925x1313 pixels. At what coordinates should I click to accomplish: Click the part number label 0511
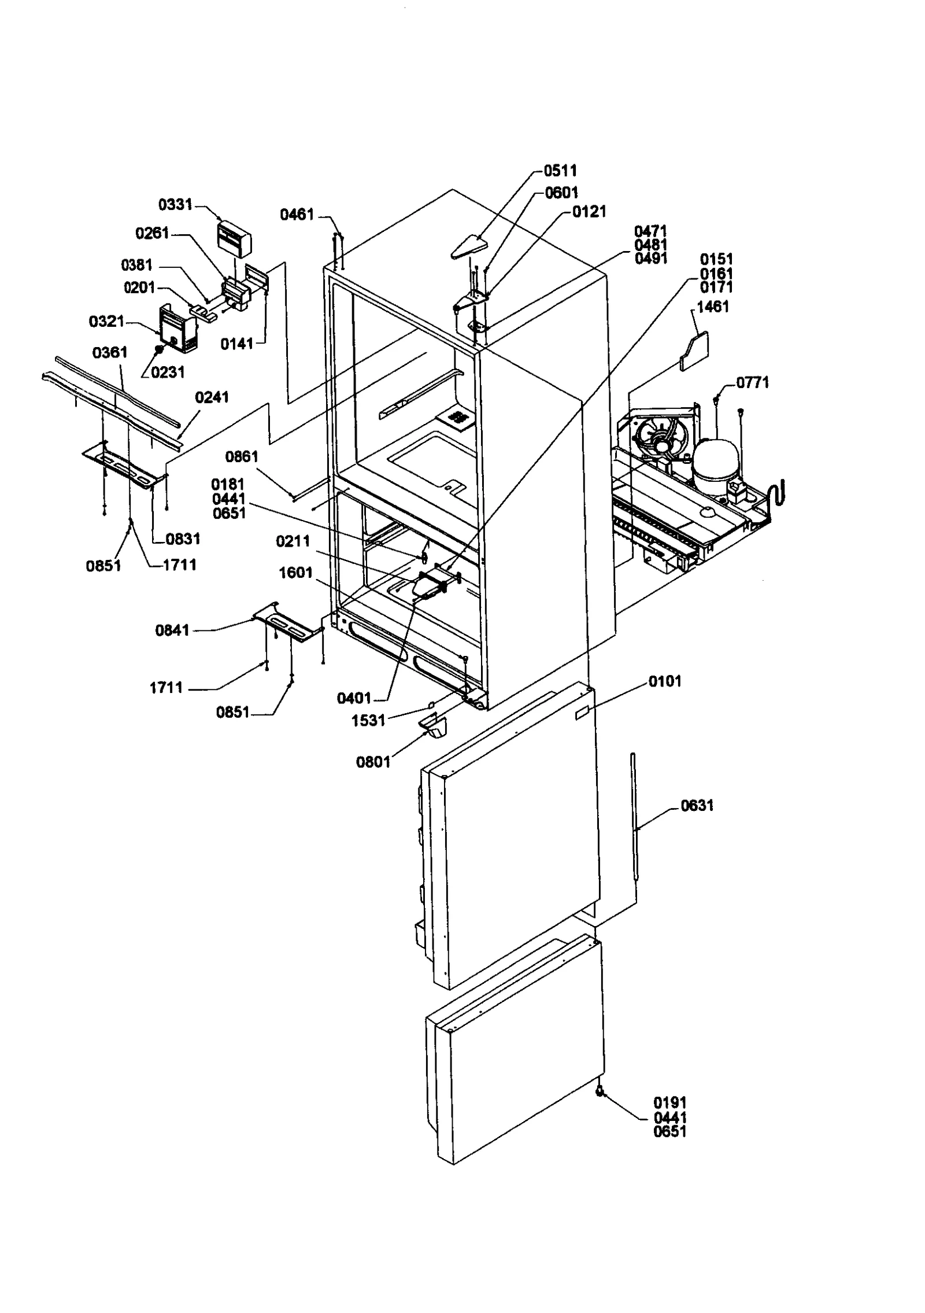[x=560, y=171]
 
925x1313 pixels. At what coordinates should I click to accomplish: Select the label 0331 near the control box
[x=175, y=205]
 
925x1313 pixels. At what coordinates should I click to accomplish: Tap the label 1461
[x=712, y=307]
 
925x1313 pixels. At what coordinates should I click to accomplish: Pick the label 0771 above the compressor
[x=752, y=382]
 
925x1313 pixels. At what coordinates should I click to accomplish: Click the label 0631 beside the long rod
[x=697, y=806]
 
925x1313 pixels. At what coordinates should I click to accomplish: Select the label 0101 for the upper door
[x=665, y=681]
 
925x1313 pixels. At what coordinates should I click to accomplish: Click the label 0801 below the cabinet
[x=373, y=762]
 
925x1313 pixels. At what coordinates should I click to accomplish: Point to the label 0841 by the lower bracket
[x=172, y=630]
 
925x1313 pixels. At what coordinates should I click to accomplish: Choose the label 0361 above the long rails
[x=110, y=352]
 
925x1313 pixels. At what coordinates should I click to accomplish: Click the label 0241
[x=212, y=397]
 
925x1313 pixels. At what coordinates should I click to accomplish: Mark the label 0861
[x=241, y=457]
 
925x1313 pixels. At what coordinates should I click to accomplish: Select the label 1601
[x=295, y=573]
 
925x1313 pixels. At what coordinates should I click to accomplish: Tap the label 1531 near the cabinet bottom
[x=368, y=721]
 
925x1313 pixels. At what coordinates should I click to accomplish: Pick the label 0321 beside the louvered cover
[x=106, y=322]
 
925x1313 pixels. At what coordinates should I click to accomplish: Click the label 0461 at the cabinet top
[x=297, y=215]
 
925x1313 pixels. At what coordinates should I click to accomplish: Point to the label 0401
[x=354, y=699]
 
